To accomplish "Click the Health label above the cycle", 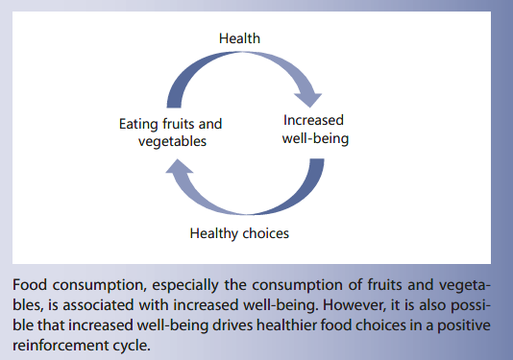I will pos(239,38).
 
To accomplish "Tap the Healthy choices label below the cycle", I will pos(239,232).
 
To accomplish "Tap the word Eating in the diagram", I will pos(138,124).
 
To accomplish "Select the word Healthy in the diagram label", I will pos(214,232).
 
